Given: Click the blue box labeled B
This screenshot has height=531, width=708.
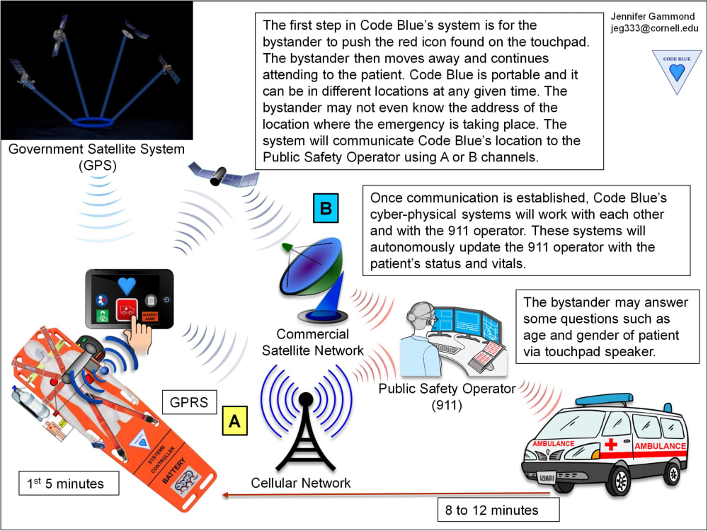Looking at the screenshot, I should click(325, 210).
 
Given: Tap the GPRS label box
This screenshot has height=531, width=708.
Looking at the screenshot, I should click(189, 402).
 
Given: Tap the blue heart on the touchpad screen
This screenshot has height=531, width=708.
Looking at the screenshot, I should click(126, 285).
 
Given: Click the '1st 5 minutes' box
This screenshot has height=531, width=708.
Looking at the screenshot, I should click(69, 484).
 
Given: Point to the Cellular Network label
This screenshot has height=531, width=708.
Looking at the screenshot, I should click(301, 484).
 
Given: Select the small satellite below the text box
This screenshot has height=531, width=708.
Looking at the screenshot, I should click(222, 173).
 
